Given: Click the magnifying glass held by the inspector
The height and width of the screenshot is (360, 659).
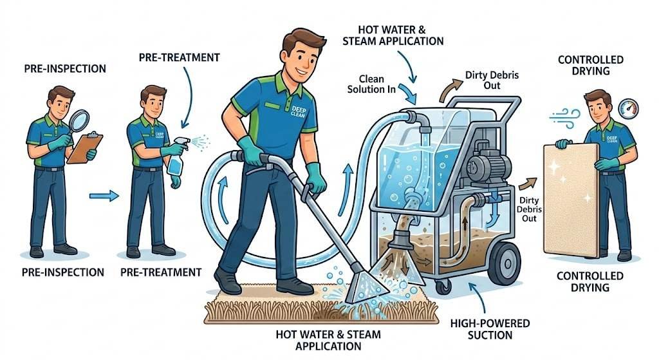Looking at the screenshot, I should (x=80, y=120).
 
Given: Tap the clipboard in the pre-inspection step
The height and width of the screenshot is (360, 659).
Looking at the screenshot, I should (x=84, y=147).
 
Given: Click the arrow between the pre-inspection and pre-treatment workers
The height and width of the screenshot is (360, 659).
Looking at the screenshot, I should (x=104, y=194).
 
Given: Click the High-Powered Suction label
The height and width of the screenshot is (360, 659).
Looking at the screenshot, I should (x=482, y=329).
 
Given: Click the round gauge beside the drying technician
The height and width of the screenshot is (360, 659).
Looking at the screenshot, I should (x=627, y=109).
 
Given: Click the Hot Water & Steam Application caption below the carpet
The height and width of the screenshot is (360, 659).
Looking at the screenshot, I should (x=328, y=340).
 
